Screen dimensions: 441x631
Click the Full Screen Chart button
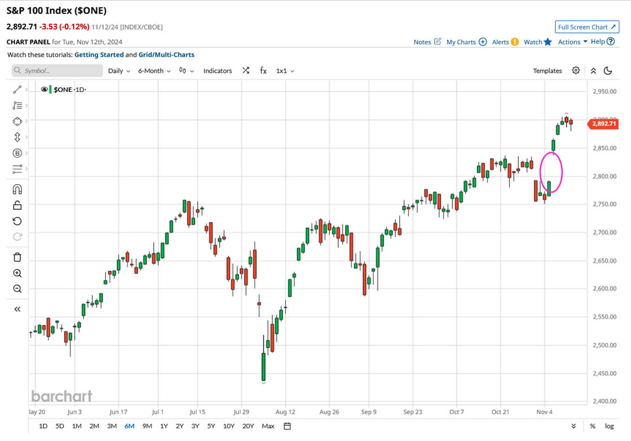586,27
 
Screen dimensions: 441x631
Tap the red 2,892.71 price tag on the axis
603,124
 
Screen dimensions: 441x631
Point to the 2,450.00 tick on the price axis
604,373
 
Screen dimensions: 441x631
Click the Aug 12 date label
285,412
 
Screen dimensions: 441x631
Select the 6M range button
129,426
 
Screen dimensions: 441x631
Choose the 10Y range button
229,426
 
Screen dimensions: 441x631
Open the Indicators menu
217,71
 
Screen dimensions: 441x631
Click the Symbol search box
57,71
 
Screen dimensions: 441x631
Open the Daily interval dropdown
119,71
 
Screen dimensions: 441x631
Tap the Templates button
547,71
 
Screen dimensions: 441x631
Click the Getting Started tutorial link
99,54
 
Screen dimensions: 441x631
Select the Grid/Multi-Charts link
166,54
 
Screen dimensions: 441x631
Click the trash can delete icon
17,257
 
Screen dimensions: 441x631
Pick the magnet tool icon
17,189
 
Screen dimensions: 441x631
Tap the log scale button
609,426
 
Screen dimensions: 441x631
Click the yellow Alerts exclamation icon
515,42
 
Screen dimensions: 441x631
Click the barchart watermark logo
62,396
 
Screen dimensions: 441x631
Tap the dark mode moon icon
608,71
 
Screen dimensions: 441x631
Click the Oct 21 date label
500,412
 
